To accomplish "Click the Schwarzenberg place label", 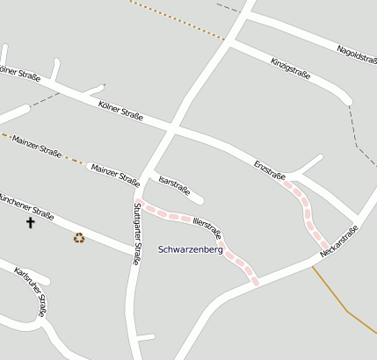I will [x=190, y=249].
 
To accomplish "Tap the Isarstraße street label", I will [x=173, y=184].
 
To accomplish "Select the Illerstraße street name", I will [x=207, y=226].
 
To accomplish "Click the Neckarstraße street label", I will [x=339, y=242].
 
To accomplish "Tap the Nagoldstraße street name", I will [x=357, y=53].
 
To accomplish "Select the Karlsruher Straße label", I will [x=32, y=293].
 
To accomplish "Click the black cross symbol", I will [x=31, y=223].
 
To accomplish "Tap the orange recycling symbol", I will [x=79, y=237].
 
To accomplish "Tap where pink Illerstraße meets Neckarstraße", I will [x=256, y=282].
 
